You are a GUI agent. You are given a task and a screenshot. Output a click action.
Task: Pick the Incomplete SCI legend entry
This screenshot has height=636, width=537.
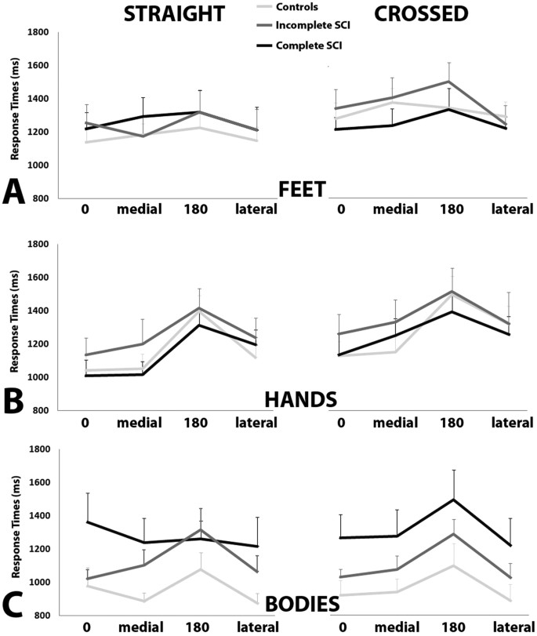coord(310,27)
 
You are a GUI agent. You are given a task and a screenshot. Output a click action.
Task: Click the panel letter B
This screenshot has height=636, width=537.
coord(14,399)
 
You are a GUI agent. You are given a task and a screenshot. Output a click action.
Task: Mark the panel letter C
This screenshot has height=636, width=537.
coord(14,605)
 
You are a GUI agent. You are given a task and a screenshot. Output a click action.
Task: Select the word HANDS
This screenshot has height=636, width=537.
coord(301,399)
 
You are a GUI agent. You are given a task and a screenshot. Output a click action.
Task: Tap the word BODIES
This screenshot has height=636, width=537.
coord(302,605)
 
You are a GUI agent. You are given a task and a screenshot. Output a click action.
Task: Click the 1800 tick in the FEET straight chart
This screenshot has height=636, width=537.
coord(38,32)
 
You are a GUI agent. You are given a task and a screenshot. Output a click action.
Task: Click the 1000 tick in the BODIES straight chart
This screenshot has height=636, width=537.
coord(38,582)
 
